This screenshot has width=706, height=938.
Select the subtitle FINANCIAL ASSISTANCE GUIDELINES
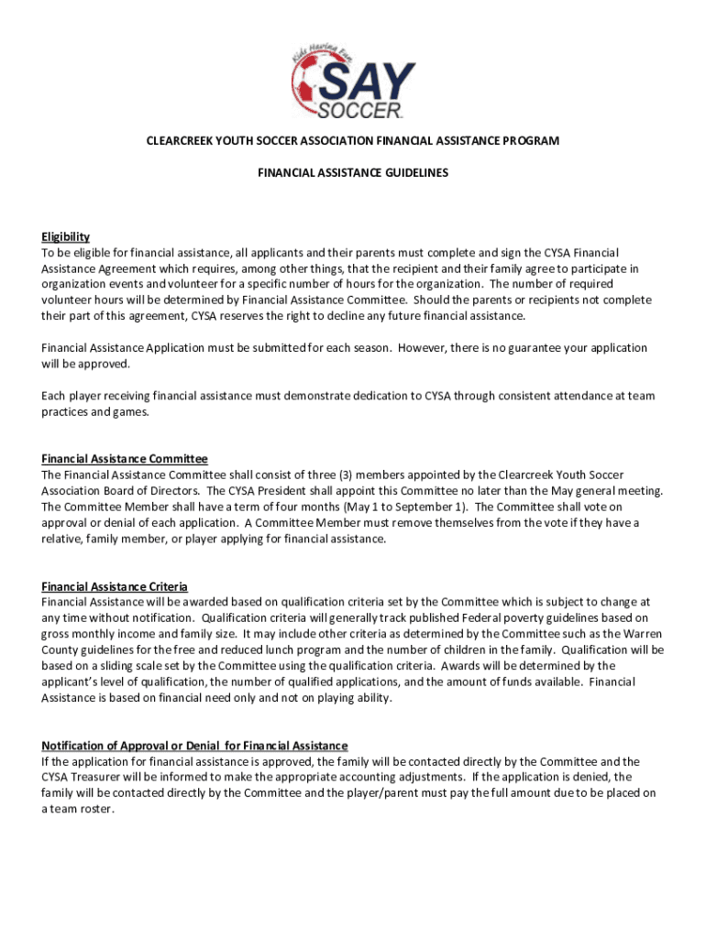[352, 171]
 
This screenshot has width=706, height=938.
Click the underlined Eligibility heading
[65, 236]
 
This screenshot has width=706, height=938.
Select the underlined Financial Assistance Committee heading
[125, 459]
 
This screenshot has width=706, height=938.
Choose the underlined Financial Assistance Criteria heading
[115, 586]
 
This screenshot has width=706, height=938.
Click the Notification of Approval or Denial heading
[194, 746]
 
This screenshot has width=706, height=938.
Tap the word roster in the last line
[94, 809]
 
